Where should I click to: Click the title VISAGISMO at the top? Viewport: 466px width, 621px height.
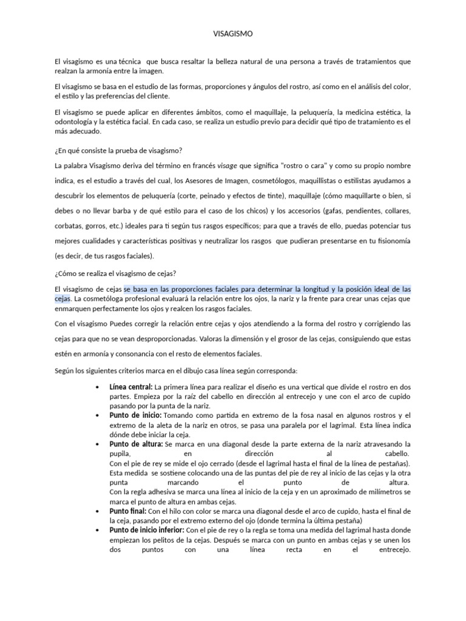coord(233,35)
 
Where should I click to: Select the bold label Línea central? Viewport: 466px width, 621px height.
coord(131,386)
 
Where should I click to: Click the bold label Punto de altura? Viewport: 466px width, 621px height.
coord(136,445)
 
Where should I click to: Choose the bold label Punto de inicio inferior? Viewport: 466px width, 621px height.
coord(147,531)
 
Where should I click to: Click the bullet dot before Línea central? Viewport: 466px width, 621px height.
coord(98,387)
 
